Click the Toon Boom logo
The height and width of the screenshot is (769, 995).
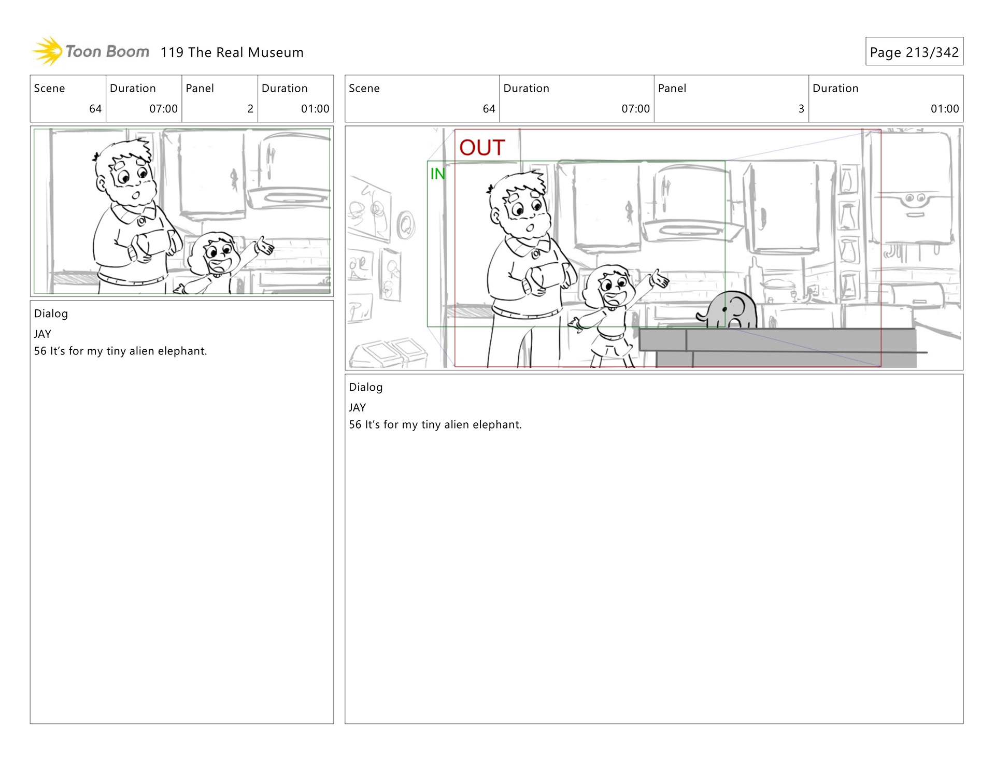[x=91, y=51]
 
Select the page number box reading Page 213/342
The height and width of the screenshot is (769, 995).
[x=914, y=51]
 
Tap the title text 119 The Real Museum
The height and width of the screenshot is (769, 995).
[x=232, y=52]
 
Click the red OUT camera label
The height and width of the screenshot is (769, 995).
[x=482, y=148]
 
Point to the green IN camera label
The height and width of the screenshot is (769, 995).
[x=437, y=174]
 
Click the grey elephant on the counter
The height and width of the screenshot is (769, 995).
[x=727, y=309]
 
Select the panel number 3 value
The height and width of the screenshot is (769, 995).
[x=801, y=109]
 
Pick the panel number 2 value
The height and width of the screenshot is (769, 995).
[x=250, y=109]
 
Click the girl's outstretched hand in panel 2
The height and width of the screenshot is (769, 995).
[x=265, y=246]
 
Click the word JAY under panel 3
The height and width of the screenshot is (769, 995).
[x=357, y=408]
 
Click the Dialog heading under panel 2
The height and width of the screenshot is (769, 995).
[x=51, y=314]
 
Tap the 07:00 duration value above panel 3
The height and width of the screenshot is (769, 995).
[x=635, y=109]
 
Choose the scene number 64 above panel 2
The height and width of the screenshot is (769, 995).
[x=95, y=109]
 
